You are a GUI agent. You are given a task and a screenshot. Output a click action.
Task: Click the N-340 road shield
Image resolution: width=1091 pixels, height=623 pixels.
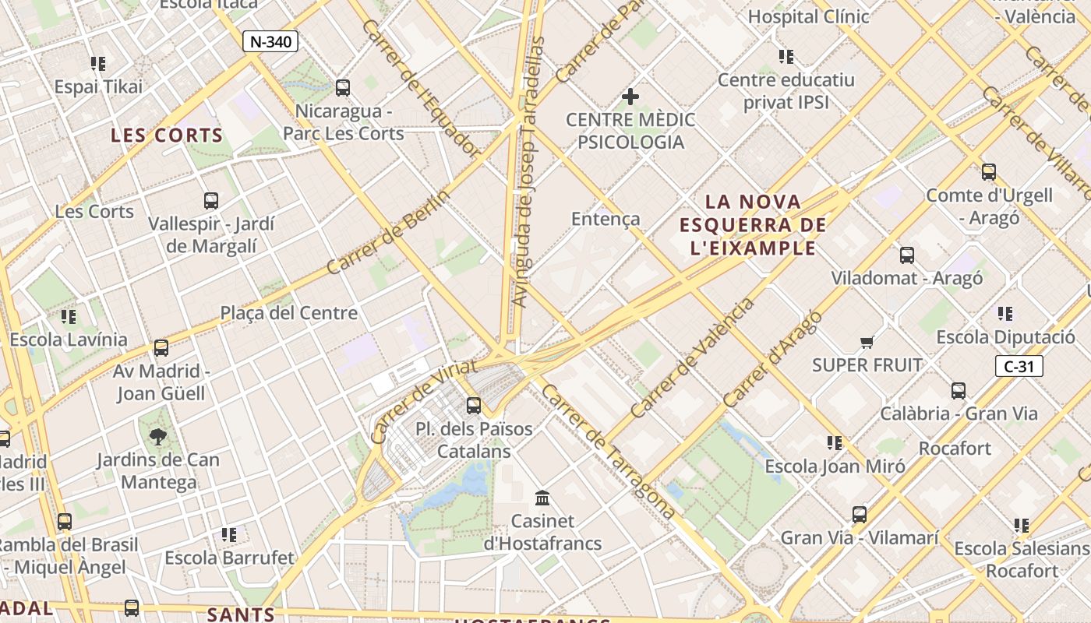[270, 41]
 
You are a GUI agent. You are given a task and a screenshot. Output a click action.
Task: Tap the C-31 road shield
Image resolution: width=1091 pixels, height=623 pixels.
[1019, 366]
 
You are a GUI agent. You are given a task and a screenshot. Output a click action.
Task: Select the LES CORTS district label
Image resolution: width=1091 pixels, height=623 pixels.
[167, 136]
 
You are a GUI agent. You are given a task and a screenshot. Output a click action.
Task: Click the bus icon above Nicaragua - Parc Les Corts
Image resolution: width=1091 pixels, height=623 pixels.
[342, 87]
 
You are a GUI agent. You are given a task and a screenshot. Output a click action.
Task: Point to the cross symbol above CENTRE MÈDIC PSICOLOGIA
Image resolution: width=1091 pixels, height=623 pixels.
[630, 97]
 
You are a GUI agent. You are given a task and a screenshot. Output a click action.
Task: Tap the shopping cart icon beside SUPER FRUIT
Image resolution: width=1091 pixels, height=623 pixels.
[867, 342]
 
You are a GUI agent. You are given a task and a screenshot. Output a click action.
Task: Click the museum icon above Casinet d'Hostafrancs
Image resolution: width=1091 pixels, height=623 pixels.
[542, 498]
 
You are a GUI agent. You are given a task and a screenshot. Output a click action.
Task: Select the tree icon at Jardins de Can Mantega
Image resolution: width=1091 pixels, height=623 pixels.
[158, 437]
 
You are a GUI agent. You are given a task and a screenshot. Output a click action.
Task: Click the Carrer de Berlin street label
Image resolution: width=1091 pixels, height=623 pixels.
[387, 232]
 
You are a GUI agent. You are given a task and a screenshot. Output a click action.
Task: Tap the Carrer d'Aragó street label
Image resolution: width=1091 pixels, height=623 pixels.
[772, 358]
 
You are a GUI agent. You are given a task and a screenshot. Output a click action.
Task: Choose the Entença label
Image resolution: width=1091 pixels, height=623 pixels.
[606, 219]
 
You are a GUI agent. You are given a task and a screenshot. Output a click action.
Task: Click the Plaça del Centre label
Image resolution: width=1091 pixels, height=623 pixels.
[288, 313]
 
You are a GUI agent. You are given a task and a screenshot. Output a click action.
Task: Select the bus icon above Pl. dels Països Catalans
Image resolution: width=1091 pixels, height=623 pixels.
[473, 405]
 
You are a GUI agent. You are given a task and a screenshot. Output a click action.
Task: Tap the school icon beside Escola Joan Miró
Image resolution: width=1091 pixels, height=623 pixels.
[835, 443]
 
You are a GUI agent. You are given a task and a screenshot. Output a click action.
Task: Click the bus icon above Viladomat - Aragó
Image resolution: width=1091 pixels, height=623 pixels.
[906, 255]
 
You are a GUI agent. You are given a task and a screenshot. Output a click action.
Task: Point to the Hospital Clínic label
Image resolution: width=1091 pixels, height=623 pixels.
[808, 16]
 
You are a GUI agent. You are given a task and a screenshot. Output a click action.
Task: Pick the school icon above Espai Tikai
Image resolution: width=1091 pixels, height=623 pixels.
[97, 63]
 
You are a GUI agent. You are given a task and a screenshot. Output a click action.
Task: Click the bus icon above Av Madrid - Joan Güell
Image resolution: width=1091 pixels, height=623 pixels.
[161, 347]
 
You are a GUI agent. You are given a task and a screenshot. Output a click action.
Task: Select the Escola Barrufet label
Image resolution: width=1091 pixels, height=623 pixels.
[229, 558]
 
